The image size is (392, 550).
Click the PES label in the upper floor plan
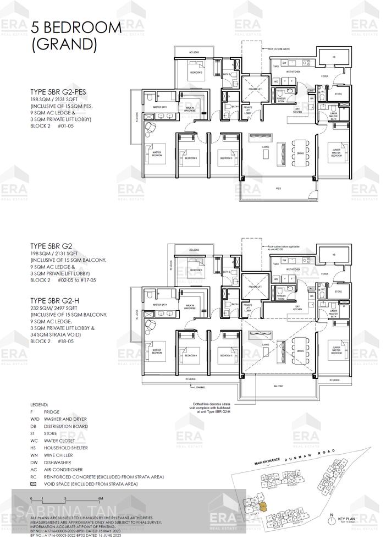(278, 188)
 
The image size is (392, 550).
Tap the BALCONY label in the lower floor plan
(278, 387)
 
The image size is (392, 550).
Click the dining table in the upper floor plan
(300, 148)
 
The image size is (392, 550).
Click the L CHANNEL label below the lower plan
(201, 387)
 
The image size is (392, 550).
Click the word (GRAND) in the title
(64, 45)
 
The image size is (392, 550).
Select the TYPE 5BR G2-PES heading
(58, 92)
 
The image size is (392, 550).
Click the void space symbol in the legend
(33, 484)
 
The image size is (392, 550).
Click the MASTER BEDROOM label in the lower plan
(157, 351)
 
